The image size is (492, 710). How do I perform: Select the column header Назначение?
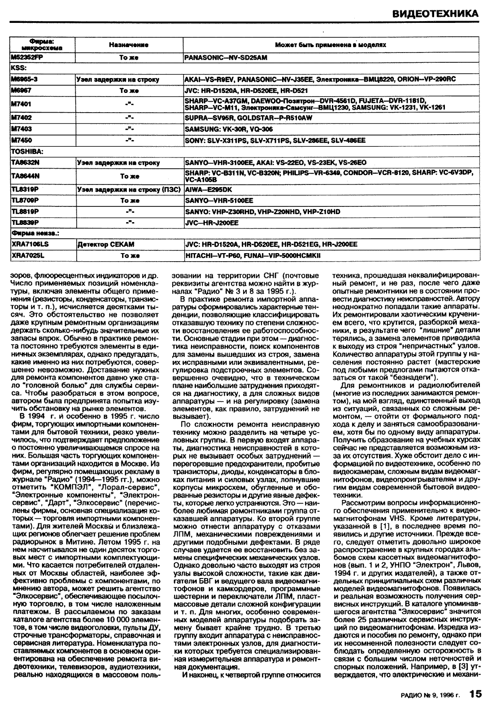coord(129,45)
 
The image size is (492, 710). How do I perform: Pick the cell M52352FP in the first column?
coord(27,58)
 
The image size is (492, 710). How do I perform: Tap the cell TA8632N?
coord(25,162)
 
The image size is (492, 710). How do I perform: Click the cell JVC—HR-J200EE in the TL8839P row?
coord(211,223)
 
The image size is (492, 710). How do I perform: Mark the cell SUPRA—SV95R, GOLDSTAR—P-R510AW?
coord(248,118)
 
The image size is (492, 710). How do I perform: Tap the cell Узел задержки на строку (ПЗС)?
coord(128,189)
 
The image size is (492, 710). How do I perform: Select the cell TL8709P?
coord(25,201)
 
